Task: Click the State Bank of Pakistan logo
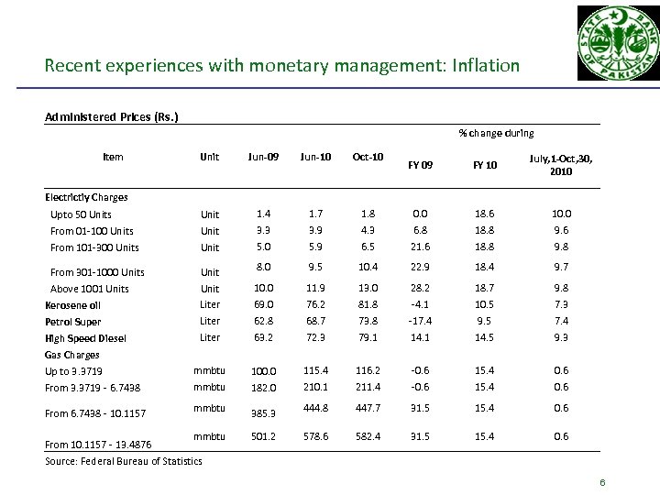(x=616, y=47)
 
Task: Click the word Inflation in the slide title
(x=485, y=66)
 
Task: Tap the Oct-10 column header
(x=368, y=157)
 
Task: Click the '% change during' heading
(x=497, y=133)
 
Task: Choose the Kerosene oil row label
(x=75, y=305)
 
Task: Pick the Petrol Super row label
(x=74, y=322)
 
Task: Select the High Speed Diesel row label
(x=85, y=338)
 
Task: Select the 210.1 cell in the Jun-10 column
(x=315, y=387)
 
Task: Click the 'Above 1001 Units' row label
(x=89, y=289)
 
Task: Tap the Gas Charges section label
(x=72, y=355)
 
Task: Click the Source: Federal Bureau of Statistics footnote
(x=123, y=460)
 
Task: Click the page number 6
(x=603, y=483)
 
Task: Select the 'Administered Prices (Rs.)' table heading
(x=112, y=116)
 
